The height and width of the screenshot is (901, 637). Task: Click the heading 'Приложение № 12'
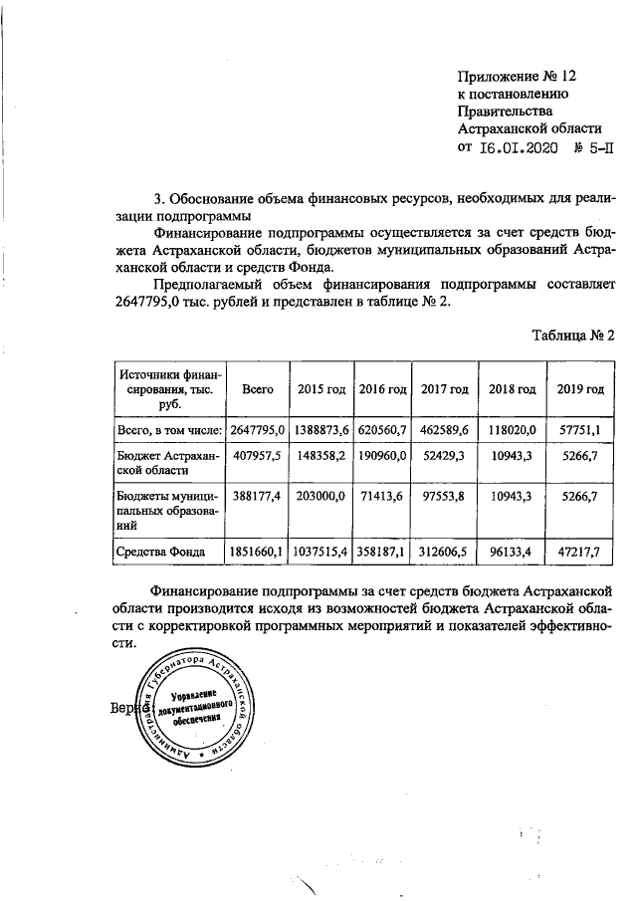(517, 75)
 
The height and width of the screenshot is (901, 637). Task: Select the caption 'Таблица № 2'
(574, 335)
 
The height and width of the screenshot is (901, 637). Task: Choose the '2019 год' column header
(582, 388)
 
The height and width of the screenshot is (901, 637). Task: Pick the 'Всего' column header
(258, 388)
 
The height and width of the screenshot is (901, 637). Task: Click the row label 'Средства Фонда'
(161, 549)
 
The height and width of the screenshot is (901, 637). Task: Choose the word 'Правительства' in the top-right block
(503, 111)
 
